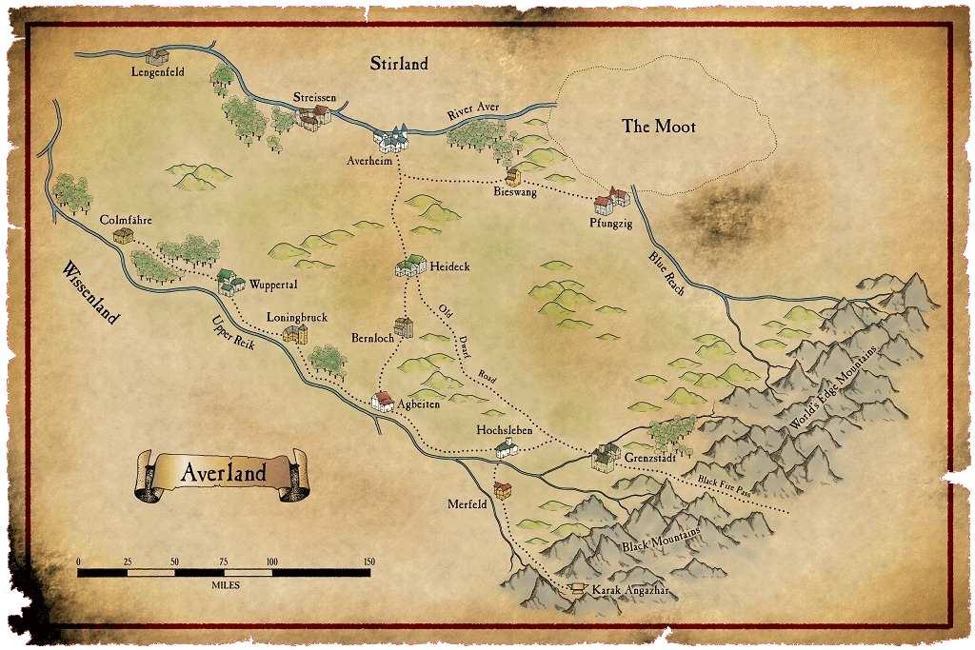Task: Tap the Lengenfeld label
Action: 157,71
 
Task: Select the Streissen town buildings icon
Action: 312,117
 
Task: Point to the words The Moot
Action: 659,127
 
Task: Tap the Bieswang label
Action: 515,192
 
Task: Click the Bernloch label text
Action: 372,338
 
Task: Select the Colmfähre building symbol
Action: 123,235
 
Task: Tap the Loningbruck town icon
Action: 295,333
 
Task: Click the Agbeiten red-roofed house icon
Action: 382,402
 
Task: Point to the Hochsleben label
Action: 503,431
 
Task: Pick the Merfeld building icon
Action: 503,490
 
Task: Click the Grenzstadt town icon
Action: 605,458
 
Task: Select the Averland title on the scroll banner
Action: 223,473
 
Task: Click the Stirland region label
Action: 399,64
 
